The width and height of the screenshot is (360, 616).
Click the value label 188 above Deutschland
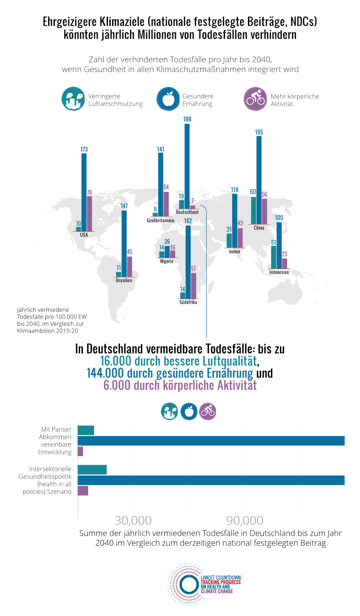(187, 119)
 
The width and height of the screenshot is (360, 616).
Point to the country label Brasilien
(124, 280)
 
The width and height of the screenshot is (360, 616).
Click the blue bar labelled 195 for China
(259, 180)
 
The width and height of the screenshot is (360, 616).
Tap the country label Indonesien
(279, 272)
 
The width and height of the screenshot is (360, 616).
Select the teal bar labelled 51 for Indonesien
(274, 257)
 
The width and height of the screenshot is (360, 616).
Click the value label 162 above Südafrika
(188, 221)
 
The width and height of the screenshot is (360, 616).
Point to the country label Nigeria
(166, 261)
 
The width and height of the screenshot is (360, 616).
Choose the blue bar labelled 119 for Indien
(234, 220)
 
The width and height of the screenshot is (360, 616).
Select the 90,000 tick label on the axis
(244, 521)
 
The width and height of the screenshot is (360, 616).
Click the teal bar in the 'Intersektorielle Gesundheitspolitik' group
(92, 469)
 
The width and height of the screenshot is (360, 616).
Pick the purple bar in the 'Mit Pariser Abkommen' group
(81, 451)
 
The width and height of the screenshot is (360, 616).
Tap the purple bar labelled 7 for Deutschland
(193, 207)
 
